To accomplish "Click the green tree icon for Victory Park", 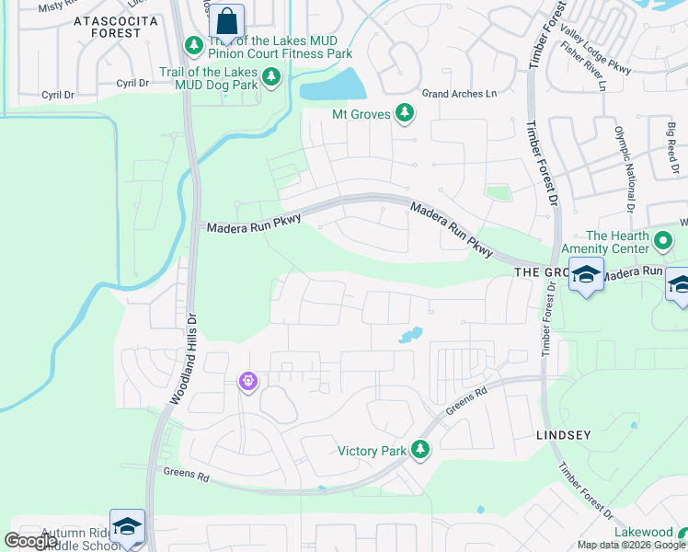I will tap(420, 449).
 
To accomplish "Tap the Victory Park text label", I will tap(372, 451).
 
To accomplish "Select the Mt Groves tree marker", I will tap(404, 113).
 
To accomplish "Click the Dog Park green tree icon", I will tap(271, 77).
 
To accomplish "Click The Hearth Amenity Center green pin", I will tap(664, 241).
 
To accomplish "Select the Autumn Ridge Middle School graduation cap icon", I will tap(128, 527).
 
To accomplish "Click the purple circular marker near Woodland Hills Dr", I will tap(247, 380).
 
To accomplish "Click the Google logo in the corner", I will tap(30, 541).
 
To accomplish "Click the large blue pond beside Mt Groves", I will tap(332, 87).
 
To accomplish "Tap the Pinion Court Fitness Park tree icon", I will tap(194, 45).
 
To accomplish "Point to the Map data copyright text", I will tap(631, 545).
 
